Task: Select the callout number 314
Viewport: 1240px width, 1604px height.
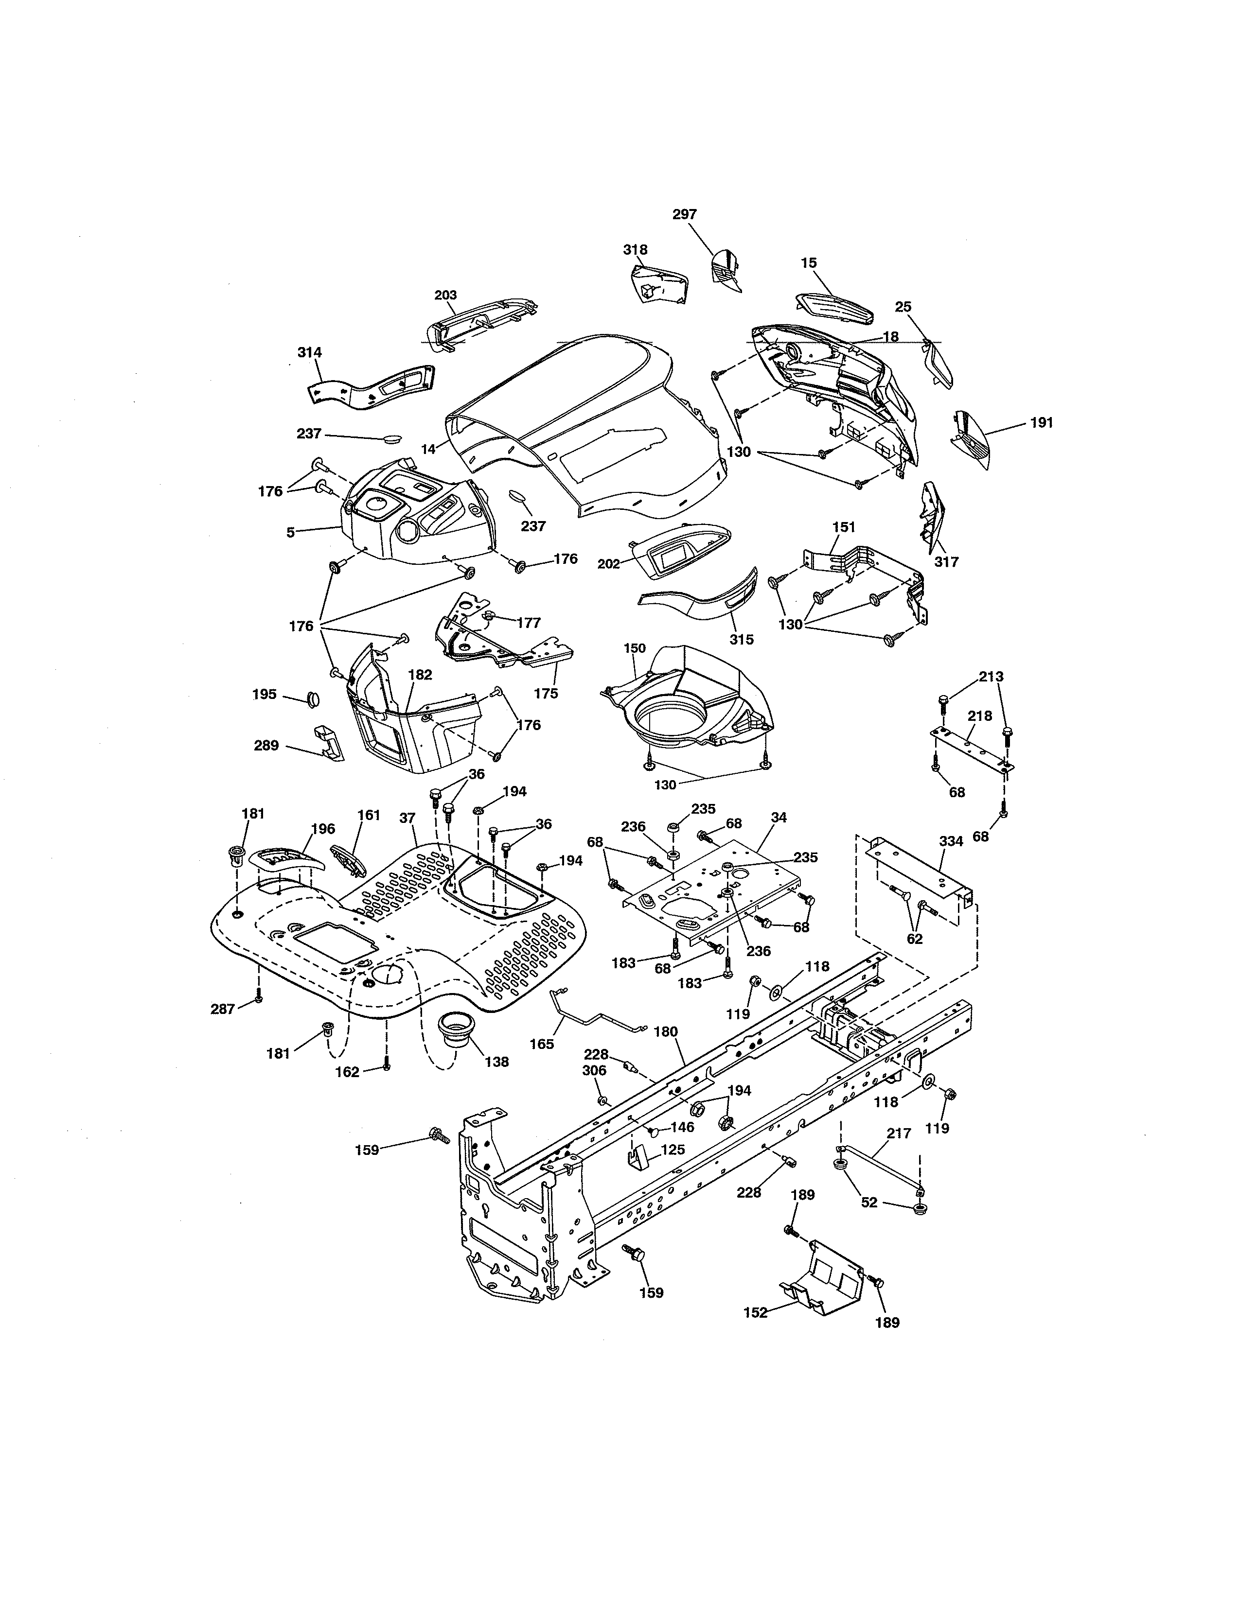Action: tap(309, 352)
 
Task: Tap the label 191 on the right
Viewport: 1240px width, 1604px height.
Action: tap(1041, 423)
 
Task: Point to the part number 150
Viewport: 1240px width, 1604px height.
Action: tap(634, 648)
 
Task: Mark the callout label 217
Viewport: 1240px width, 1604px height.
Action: tap(899, 1133)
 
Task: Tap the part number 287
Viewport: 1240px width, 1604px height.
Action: tap(223, 1009)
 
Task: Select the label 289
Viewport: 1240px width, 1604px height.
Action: tap(266, 746)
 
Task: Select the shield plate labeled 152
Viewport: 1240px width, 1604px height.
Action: tap(823, 1281)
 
